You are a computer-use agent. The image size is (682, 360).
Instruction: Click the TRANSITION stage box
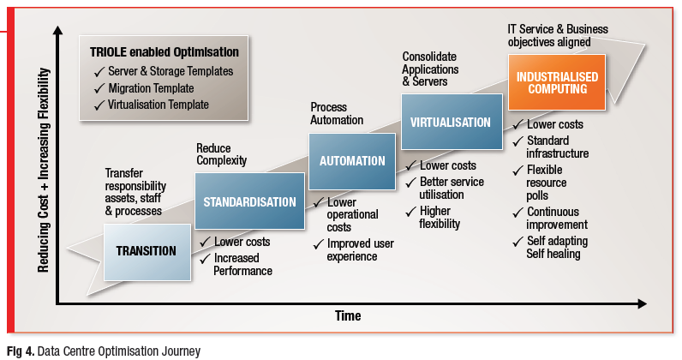click(146, 251)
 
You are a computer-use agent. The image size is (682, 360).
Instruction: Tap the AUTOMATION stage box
click(352, 160)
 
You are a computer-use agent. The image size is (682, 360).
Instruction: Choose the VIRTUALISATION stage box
click(451, 122)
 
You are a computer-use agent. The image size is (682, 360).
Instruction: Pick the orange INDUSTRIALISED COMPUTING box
click(557, 81)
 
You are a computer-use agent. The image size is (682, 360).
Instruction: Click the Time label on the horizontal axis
click(347, 316)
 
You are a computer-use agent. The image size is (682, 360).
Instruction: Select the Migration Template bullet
click(151, 88)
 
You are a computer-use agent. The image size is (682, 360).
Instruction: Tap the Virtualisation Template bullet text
click(158, 105)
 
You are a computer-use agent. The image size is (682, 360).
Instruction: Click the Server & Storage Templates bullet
click(170, 71)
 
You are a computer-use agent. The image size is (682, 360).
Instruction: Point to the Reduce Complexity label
click(221, 154)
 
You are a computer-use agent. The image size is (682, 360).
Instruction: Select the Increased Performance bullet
click(242, 265)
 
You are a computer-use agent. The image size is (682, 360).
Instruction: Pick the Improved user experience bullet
click(361, 250)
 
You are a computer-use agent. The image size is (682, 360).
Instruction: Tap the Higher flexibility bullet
click(440, 218)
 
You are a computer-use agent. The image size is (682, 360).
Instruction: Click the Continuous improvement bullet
click(553, 219)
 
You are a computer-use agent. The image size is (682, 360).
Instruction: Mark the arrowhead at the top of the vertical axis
click(58, 31)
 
